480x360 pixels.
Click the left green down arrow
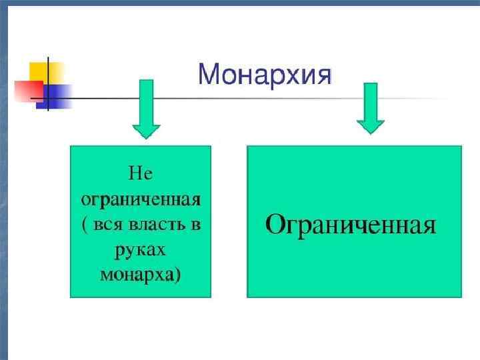point(145,107)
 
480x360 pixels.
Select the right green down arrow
point(370,107)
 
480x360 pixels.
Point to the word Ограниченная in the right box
point(351,225)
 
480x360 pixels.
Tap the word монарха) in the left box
point(140,274)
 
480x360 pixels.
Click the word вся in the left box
point(107,224)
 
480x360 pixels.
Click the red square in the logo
point(28,89)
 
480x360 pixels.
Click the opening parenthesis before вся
point(85,225)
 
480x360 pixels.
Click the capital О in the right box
point(277,224)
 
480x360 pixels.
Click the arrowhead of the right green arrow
point(370,126)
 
